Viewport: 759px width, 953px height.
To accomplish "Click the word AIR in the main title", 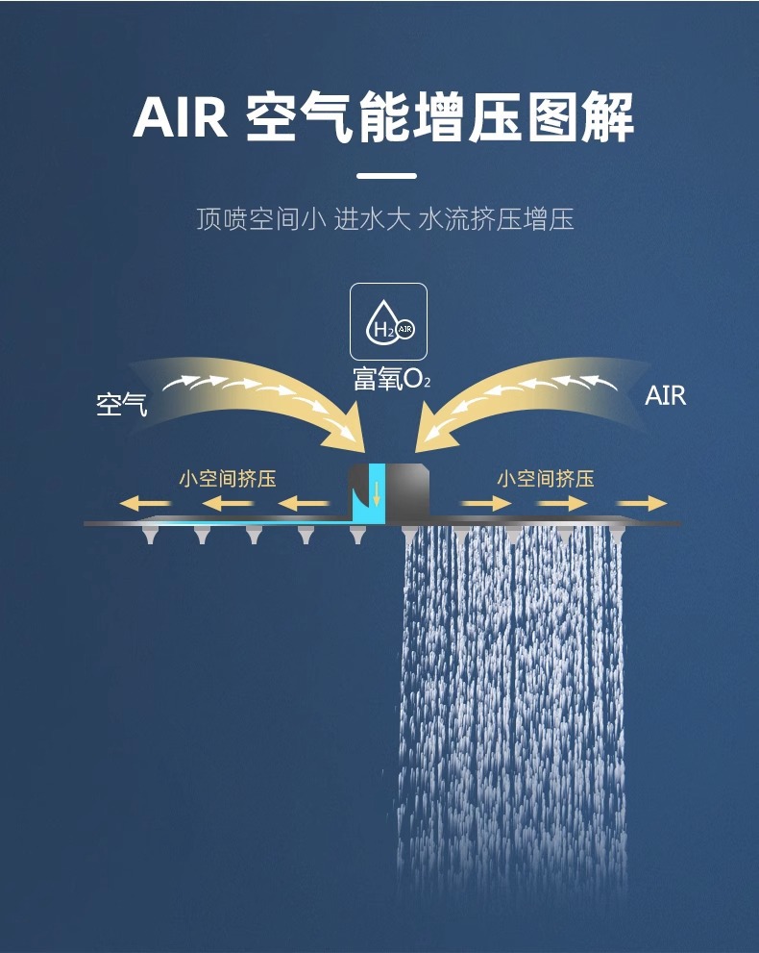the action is pyautogui.click(x=180, y=118).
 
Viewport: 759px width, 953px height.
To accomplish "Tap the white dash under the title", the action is pyautogui.click(x=386, y=176).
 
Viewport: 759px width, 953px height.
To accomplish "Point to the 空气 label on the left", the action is pyautogui.click(x=122, y=405).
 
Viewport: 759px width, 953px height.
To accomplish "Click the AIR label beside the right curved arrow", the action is pyautogui.click(x=666, y=396).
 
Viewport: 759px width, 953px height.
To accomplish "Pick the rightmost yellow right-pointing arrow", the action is pyautogui.click(x=642, y=503).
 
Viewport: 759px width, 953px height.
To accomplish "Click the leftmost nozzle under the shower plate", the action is pyautogui.click(x=150, y=535).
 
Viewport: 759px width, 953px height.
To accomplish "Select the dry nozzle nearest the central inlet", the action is pyautogui.click(x=357, y=535).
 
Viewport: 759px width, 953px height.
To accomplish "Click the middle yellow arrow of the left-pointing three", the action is pyautogui.click(x=227, y=503).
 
